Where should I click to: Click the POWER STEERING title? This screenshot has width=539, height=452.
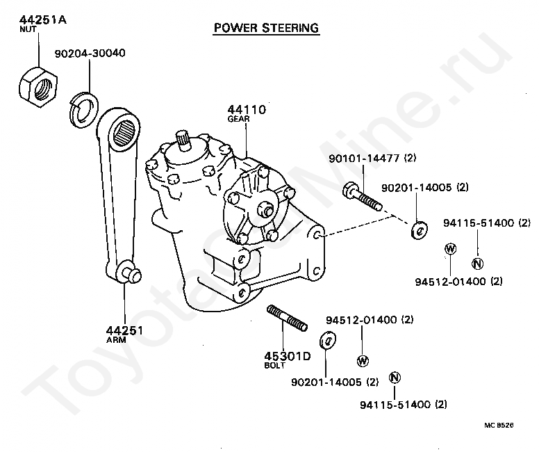[x=266, y=29]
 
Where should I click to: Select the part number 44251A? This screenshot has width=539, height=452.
[x=42, y=19]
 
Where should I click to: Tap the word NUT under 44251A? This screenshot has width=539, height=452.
[x=27, y=29]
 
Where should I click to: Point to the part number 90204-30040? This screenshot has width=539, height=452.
[x=90, y=53]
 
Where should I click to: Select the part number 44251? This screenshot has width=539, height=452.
[x=124, y=330]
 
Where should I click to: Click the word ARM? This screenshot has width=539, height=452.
[x=115, y=340]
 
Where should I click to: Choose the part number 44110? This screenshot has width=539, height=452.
[x=247, y=110]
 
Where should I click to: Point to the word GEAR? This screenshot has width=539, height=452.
[x=238, y=119]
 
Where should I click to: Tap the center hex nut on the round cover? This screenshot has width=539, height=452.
[x=264, y=209]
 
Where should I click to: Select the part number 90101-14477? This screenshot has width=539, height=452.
[x=363, y=159]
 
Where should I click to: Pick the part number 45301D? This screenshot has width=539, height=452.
[x=287, y=356]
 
